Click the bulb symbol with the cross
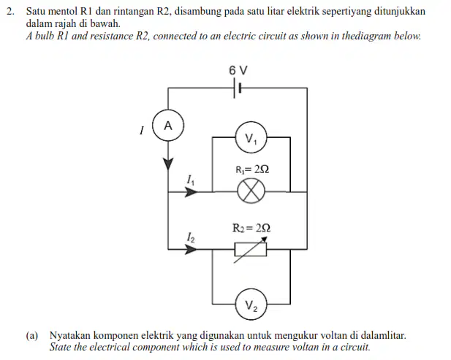coord(251,191)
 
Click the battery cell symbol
coord(238,88)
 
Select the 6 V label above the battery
coord(238,70)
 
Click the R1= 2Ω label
coord(252,169)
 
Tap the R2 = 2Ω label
coord(251,228)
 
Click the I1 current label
coord(190,180)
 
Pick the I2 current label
coord(190,237)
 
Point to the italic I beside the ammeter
coord(141,131)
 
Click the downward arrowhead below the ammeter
coord(168,164)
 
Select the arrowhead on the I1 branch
coord(191,191)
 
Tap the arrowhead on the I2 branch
coord(191,249)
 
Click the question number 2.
coord(10,11)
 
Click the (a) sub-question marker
coord(32,335)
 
